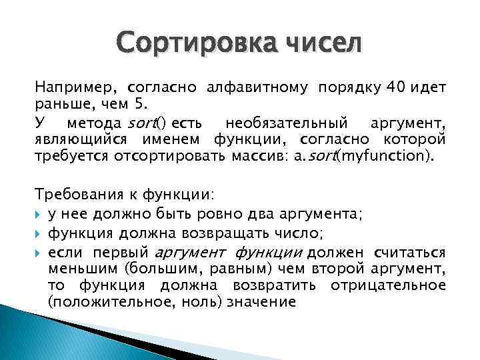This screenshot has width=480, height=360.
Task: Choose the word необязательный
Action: coord(295,123)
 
